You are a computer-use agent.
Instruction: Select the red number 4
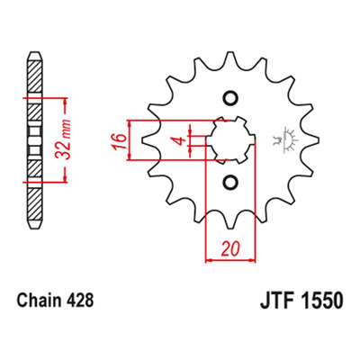[179, 140]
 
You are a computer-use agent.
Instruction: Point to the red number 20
[230, 248]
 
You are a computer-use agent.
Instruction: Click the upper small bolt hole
[231, 98]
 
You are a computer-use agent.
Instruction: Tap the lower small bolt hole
[231, 183]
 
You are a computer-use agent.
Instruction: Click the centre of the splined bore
[231, 140]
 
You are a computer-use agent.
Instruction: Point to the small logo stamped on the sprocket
[285, 140]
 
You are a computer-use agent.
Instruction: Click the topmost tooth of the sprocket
[230, 57]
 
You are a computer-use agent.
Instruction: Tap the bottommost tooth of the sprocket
[230, 223]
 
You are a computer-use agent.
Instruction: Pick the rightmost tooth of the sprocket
[313, 140]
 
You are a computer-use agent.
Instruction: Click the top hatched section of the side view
[35, 76]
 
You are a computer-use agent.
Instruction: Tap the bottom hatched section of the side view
[35, 204]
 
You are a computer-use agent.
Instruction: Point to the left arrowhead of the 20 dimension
[210, 260]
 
